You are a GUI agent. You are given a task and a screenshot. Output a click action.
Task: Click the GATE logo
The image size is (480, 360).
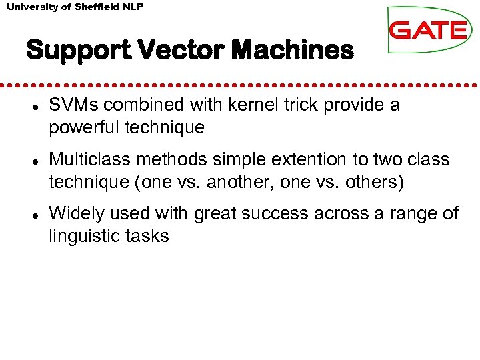(429, 31)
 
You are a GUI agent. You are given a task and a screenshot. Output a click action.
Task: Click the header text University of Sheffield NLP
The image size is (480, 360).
(75, 7)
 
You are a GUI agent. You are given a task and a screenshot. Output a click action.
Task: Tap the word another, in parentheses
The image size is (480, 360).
(238, 182)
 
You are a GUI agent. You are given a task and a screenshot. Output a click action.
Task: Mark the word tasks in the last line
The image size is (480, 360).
(148, 236)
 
